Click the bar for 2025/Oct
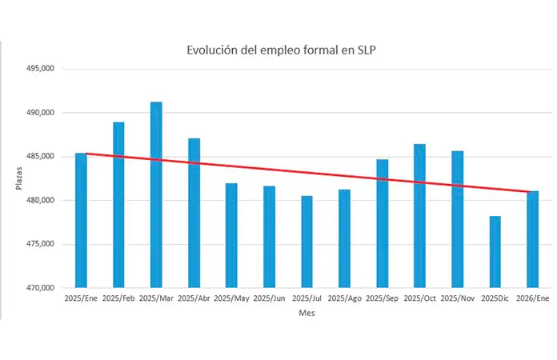tap(420, 215)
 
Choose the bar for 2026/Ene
tap(533, 239)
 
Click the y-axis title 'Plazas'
tap(19, 178)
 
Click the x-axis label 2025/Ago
tap(345, 298)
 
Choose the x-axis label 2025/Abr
tap(194, 298)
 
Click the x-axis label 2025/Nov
tap(458, 298)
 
